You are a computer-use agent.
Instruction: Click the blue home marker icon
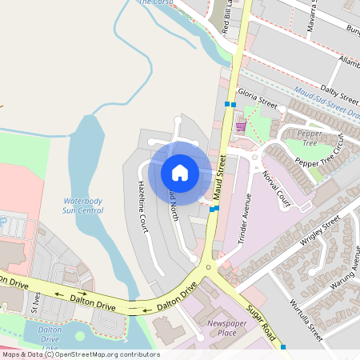(180, 172)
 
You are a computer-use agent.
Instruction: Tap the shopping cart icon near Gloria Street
(240, 126)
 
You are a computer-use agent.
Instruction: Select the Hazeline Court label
(142, 206)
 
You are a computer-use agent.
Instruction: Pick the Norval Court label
(277, 191)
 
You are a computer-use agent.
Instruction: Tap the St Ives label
(34, 302)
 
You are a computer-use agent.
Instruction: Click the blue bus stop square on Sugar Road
(283, 346)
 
